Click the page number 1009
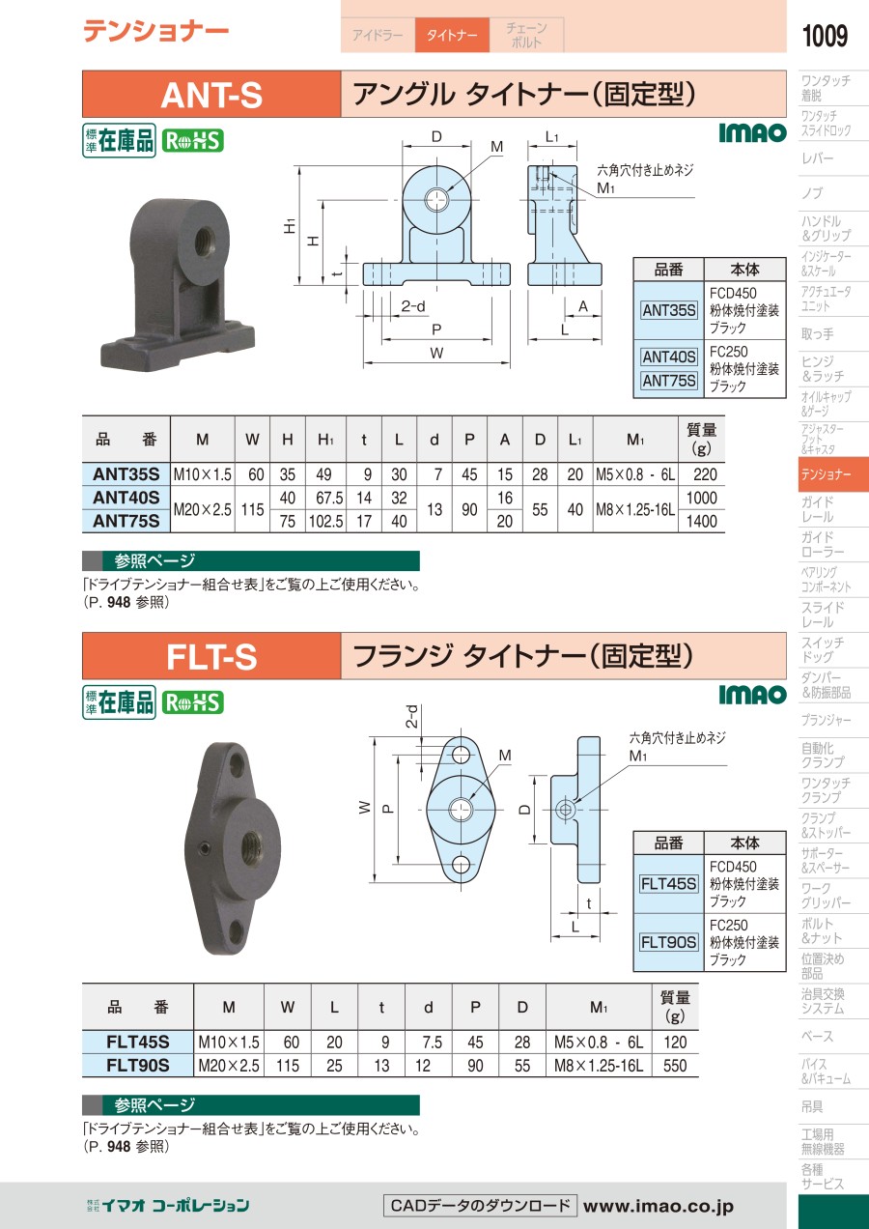tap(825, 36)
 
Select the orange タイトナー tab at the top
tap(452, 35)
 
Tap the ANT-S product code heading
tap(211, 95)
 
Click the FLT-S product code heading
tap(211, 656)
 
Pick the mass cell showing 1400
tap(701, 521)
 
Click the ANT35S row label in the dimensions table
tap(126, 474)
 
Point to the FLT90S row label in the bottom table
tap(138, 1066)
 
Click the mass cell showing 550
tap(674, 1066)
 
